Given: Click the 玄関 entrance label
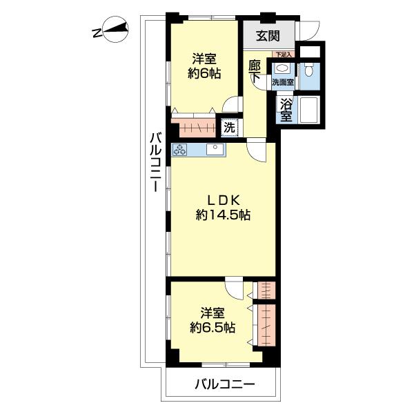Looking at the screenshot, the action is tap(268, 36).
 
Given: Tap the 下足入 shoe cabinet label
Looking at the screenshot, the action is tap(284, 55).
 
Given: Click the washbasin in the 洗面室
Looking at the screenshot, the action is tap(282, 69).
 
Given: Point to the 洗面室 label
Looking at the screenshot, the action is tap(283, 82).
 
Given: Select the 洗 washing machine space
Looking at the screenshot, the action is tap(230, 128).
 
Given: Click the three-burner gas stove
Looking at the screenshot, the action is tap(180, 150).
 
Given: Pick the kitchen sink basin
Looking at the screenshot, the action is tap(216, 150).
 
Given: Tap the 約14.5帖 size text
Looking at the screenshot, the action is tap(223, 216).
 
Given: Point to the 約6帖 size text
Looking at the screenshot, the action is tap(204, 73).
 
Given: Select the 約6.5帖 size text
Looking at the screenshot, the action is tap(213, 328).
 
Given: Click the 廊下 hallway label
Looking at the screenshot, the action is tap(255, 72).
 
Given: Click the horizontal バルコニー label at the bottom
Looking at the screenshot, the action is tap(225, 385).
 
